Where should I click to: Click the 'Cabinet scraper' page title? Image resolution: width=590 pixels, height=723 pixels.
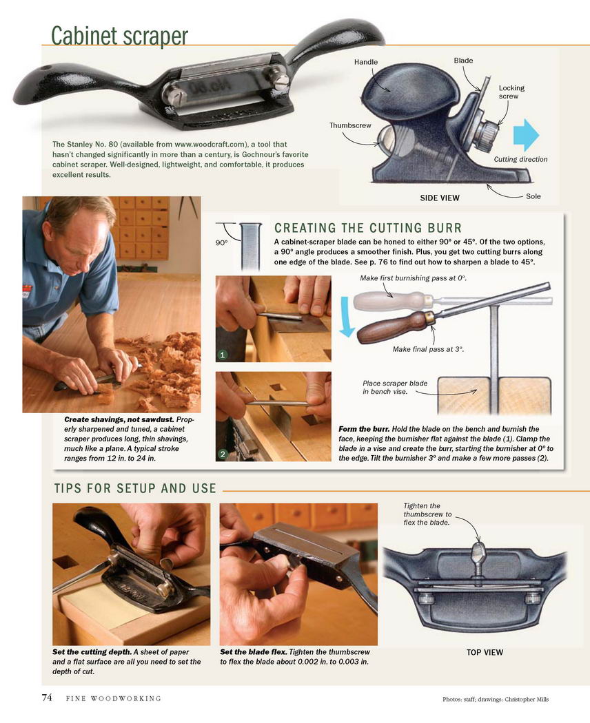click(119, 35)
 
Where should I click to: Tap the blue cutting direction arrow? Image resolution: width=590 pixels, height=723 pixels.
click(526, 135)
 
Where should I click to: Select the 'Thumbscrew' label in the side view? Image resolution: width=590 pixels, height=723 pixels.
click(350, 125)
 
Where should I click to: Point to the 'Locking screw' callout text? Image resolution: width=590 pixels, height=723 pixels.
click(511, 92)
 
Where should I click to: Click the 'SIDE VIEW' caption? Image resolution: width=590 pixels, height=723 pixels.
click(440, 198)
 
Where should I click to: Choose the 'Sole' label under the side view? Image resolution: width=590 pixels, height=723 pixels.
click(533, 196)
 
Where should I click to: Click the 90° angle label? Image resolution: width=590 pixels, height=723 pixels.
click(221, 242)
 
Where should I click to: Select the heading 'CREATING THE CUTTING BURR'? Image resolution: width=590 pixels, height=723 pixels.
click(368, 228)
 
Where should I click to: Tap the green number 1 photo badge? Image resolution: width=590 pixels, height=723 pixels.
click(223, 355)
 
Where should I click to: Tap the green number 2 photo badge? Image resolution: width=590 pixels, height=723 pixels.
click(223, 454)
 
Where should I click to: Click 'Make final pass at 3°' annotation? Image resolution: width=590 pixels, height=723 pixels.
click(428, 349)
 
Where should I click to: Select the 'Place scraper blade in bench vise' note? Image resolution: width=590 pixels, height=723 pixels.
click(395, 387)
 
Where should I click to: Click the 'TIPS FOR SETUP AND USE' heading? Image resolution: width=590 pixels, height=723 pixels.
click(135, 488)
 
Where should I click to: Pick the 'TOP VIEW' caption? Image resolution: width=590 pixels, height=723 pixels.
click(485, 653)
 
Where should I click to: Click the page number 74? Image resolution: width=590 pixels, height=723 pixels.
click(47, 697)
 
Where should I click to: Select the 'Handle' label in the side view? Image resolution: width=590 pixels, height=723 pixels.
click(365, 62)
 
